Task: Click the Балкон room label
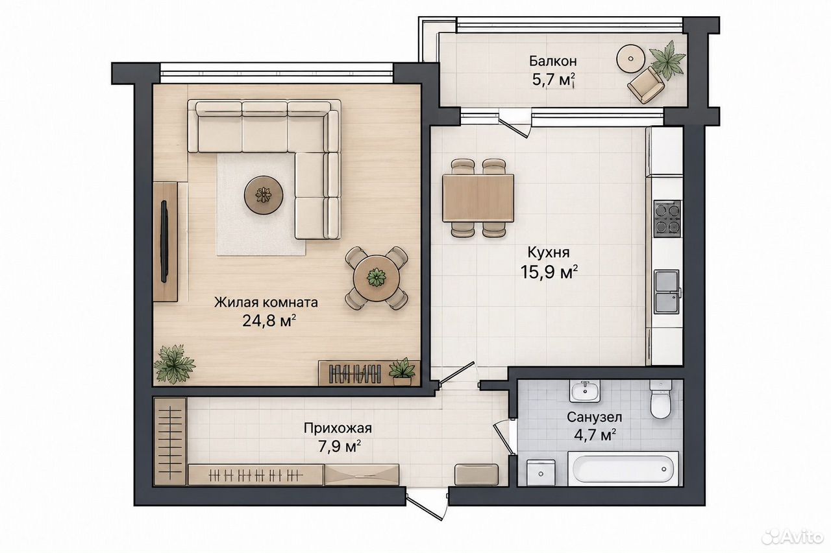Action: (552, 61)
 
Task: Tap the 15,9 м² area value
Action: (549, 272)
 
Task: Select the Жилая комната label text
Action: (266, 303)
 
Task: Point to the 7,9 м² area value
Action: (340, 447)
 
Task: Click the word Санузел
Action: (594, 418)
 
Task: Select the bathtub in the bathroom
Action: (623, 469)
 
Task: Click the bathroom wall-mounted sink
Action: (585, 391)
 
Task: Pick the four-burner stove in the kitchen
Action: (667, 218)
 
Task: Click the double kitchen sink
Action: (667, 292)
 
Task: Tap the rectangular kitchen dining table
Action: (478, 198)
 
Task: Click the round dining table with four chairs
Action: (377, 277)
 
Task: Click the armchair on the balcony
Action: (646, 85)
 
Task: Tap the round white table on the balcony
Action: (630, 59)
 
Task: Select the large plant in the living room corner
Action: (174, 364)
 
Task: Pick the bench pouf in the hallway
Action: (477, 475)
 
